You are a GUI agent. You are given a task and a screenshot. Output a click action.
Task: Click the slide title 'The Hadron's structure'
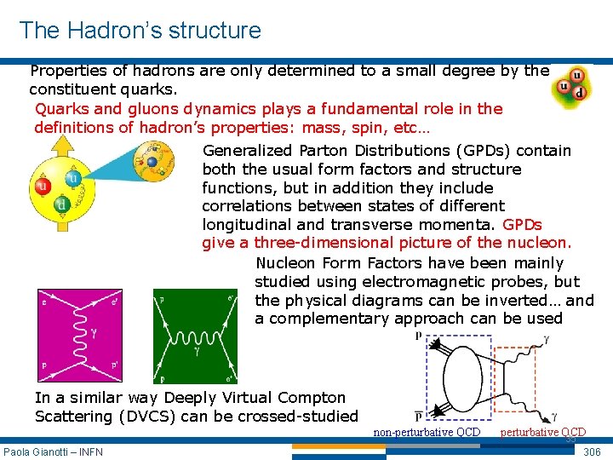(x=140, y=31)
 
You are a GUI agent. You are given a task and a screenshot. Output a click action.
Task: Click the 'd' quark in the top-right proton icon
(x=580, y=93)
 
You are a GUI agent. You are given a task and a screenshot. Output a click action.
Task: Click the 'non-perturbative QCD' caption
(x=427, y=432)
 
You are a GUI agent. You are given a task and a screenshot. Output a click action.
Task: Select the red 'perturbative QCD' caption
(x=542, y=431)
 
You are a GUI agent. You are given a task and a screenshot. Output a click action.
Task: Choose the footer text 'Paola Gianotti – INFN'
(x=53, y=451)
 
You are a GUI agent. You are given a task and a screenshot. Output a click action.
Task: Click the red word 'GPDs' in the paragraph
(x=522, y=225)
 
